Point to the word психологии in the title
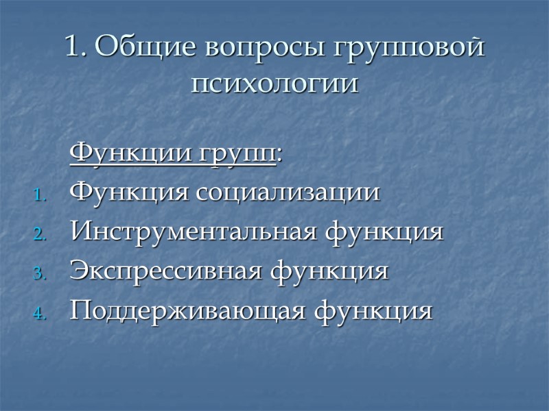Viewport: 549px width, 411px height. click(274, 85)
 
